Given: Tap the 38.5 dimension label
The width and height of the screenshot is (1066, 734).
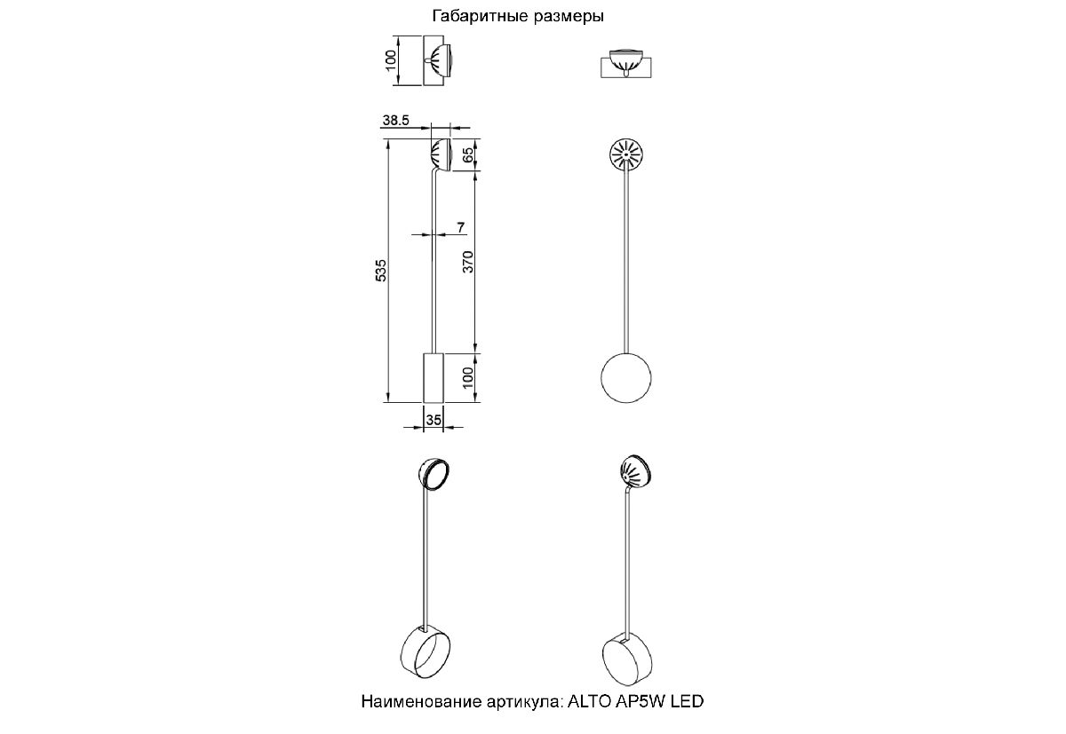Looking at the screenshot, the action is (x=395, y=121).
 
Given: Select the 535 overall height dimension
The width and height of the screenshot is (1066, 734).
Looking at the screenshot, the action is (x=381, y=271).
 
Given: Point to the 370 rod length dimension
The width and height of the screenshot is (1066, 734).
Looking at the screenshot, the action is (x=468, y=262).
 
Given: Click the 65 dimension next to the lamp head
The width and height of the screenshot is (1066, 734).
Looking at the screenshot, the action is (x=468, y=154).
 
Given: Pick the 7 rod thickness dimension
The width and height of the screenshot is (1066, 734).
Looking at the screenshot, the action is (x=461, y=228).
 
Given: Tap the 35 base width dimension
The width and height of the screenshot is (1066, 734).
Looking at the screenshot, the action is (x=434, y=420).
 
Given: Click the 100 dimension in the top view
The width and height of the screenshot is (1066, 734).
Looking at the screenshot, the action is (x=391, y=60).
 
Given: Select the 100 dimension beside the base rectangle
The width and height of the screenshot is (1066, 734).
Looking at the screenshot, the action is (x=468, y=377).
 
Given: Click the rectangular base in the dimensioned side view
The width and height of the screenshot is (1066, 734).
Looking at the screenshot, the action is (x=434, y=378).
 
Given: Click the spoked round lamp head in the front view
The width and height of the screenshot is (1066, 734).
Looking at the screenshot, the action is (x=625, y=154).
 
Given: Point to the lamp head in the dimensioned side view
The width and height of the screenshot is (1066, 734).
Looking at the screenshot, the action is (x=441, y=154).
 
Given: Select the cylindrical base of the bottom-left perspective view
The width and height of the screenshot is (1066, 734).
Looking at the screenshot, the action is (x=426, y=651).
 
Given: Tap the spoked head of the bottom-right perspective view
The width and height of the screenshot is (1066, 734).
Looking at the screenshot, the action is (x=636, y=471).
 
